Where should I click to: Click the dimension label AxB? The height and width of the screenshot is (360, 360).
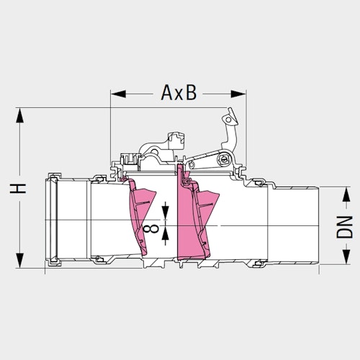click(x=178, y=94)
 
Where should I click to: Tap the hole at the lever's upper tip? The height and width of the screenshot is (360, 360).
click(x=229, y=115)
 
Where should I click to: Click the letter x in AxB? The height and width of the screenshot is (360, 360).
click(x=179, y=95)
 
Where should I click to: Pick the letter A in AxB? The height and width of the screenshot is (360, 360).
click(x=165, y=94)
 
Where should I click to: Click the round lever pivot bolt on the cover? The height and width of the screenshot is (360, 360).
click(x=226, y=159)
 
